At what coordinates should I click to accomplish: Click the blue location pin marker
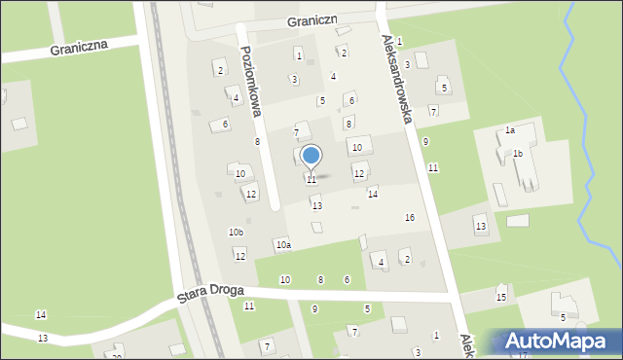(311, 156)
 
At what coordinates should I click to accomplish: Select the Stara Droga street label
(210, 294)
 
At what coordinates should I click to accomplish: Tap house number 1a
(509, 129)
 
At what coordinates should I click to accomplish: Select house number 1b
(518, 153)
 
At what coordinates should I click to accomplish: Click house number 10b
(236, 232)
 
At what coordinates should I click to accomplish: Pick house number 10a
(283, 245)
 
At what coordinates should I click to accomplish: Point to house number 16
(410, 217)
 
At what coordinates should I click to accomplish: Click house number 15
(501, 297)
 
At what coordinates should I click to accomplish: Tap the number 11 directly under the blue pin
(311, 180)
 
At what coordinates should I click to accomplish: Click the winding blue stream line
(580, 146)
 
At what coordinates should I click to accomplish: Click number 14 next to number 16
(372, 195)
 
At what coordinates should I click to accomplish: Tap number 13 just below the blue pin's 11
(316, 205)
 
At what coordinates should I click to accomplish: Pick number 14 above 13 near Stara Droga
(41, 314)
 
